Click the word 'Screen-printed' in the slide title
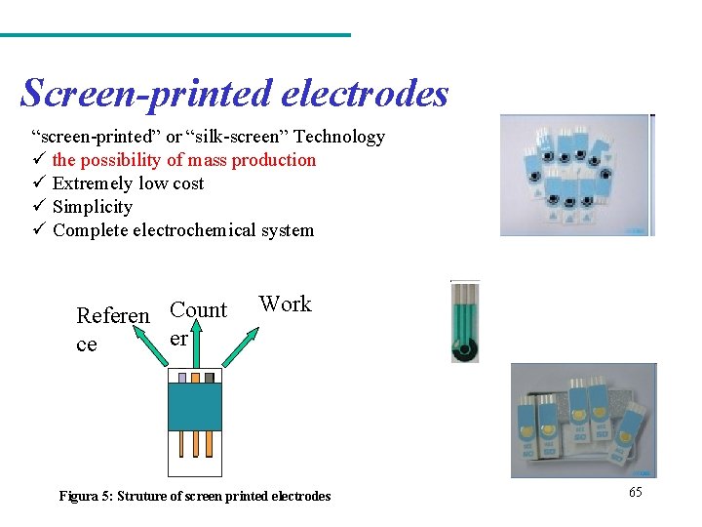[x=146, y=94]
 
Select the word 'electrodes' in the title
[x=365, y=94]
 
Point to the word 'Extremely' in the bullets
[x=93, y=183]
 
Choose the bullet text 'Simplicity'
[x=93, y=207]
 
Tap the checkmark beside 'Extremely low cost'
[x=38, y=183]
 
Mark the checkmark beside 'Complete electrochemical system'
[x=38, y=230]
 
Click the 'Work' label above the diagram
[x=285, y=304]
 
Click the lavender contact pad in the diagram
[x=181, y=377]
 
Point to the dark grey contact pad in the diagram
[x=209, y=377]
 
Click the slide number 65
[x=636, y=492]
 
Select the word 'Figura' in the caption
[x=77, y=497]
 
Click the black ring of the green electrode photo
[x=467, y=348]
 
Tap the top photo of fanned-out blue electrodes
[x=576, y=176]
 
